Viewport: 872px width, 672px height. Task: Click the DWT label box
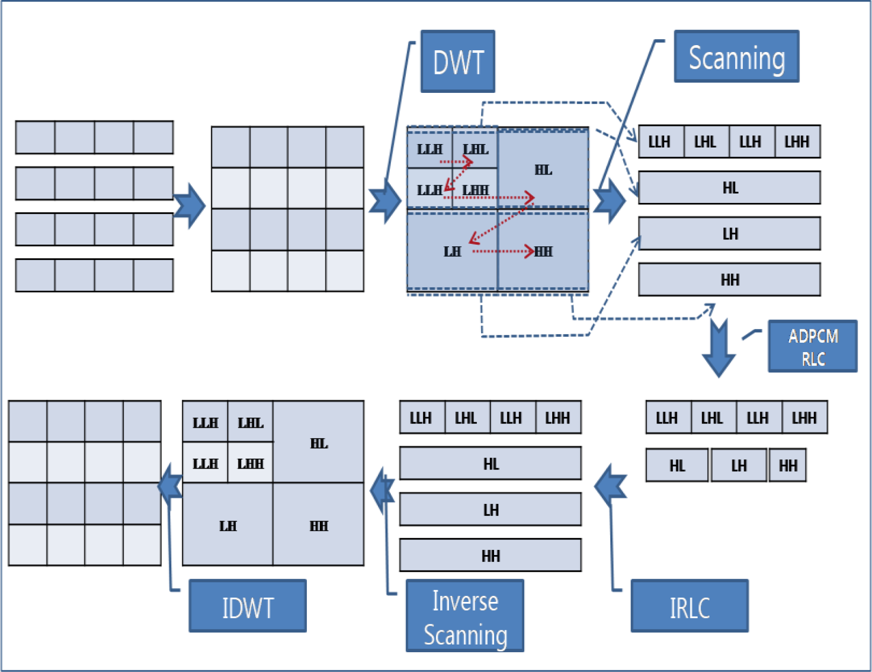coord(458,61)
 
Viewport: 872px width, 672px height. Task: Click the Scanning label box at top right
coord(736,57)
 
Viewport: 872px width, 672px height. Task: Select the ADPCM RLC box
coord(813,347)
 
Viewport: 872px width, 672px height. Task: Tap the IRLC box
coord(690,606)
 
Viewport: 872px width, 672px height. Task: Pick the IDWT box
coord(248,606)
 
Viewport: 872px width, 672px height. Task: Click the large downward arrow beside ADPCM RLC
coord(719,350)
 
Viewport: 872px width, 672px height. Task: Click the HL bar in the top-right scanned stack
coord(730,188)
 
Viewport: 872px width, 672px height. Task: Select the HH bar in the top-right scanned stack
coord(730,280)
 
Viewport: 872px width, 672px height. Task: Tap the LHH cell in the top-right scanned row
coord(797,142)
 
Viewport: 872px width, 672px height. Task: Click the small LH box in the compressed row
coord(739,466)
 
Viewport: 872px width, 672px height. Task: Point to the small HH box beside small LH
coord(788,466)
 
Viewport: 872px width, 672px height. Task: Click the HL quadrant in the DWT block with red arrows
coord(543,170)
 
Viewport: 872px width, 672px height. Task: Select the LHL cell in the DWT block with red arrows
coord(475,149)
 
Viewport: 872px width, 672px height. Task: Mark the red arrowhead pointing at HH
coord(529,252)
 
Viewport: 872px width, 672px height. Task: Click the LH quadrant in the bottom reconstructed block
coord(228,525)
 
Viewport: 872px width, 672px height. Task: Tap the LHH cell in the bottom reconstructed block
coord(250,463)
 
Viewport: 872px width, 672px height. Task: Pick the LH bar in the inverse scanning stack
coord(491,510)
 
